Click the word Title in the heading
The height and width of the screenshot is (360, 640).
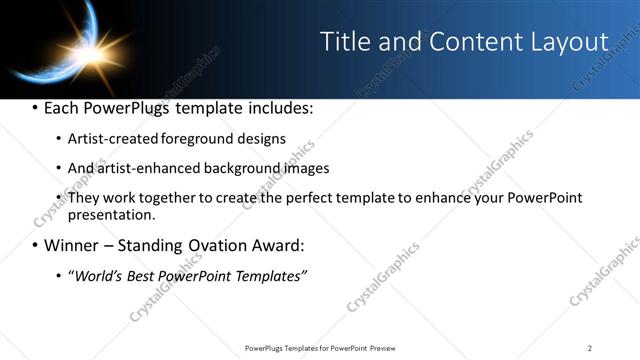(x=343, y=42)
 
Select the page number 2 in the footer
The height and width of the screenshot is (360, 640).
(x=589, y=347)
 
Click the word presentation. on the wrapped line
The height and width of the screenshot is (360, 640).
(x=111, y=214)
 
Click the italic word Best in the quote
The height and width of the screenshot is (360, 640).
(x=145, y=275)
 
